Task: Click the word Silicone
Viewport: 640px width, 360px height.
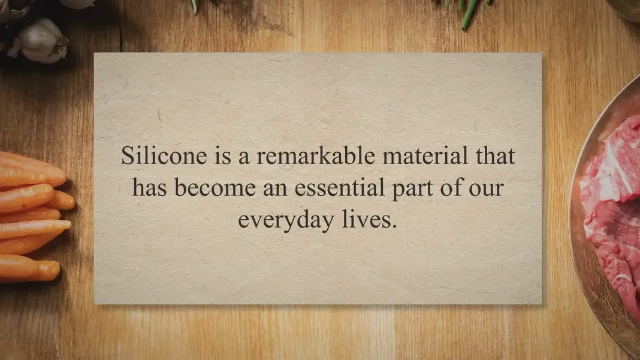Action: click(x=164, y=156)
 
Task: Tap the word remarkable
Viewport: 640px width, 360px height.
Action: click(x=316, y=156)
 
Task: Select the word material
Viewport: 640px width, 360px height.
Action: click(x=425, y=156)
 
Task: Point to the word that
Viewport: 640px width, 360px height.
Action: click(x=495, y=156)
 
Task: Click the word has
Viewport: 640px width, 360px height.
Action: click(x=149, y=187)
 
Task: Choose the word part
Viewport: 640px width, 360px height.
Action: click(x=412, y=189)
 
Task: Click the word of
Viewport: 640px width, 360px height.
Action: click(x=451, y=187)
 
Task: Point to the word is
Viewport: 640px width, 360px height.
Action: click(x=222, y=156)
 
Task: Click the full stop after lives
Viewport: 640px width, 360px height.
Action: click(x=394, y=226)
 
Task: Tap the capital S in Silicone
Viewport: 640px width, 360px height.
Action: click(x=128, y=156)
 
